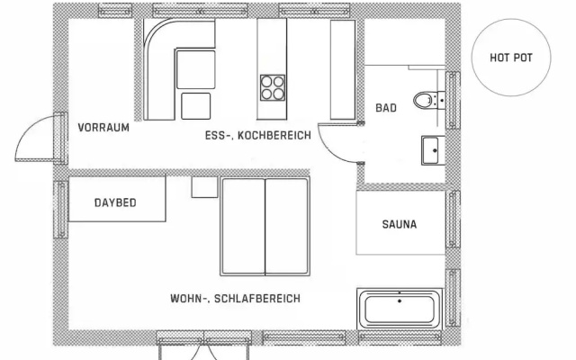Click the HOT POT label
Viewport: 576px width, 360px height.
click(511, 58)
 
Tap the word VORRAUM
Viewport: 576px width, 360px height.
click(103, 128)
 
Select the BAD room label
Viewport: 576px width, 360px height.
click(386, 108)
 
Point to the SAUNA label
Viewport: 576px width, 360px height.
click(400, 224)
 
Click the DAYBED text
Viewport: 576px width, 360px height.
click(115, 202)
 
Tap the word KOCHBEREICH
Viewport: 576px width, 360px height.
click(274, 136)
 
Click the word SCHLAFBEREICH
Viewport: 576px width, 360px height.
click(257, 298)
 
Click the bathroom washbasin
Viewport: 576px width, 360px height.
click(433, 150)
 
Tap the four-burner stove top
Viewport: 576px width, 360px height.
click(273, 88)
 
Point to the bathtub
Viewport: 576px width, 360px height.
click(400, 309)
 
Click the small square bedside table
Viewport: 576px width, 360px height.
click(204, 187)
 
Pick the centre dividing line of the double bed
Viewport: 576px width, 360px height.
click(265, 227)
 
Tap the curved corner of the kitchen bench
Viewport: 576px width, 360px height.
click(154, 33)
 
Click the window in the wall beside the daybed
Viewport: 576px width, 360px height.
click(60, 209)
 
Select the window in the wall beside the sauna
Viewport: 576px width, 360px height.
click(453, 219)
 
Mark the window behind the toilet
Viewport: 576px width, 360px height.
click(453, 100)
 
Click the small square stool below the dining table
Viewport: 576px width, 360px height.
click(196, 106)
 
